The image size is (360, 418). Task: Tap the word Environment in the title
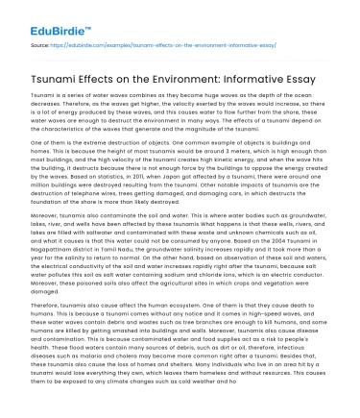pos(189,73)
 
